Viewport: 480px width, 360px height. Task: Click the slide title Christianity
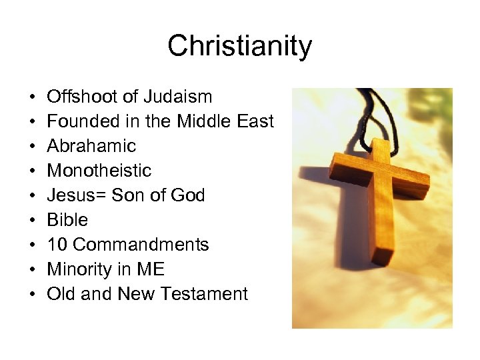click(239, 47)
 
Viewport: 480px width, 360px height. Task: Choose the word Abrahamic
click(91, 146)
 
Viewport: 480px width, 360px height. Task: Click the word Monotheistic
click(99, 171)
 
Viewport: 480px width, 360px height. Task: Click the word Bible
click(67, 220)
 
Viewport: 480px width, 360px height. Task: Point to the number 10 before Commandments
click(57, 245)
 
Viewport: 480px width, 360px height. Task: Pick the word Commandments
click(141, 245)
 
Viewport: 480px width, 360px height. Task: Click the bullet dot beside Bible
click(33, 221)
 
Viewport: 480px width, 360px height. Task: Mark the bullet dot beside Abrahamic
click(33, 147)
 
